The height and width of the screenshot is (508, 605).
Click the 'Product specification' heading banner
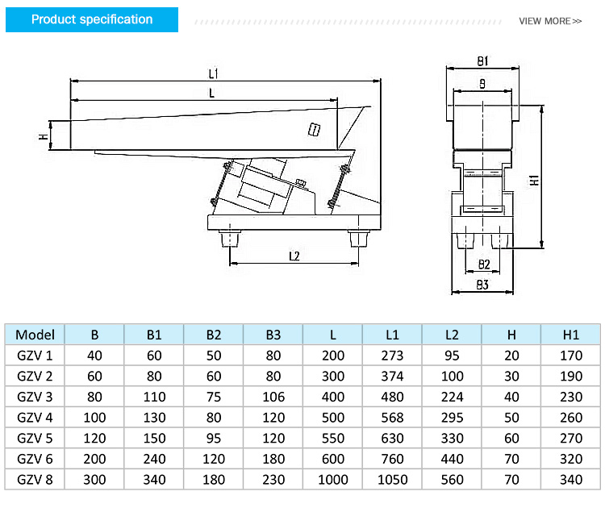[x=92, y=19]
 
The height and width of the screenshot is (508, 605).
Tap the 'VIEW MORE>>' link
[x=549, y=21]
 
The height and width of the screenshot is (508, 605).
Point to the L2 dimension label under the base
[x=294, y=256]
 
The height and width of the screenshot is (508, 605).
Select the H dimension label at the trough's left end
[x=44, y=136]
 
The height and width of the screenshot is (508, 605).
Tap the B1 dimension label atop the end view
[x=482, y=61]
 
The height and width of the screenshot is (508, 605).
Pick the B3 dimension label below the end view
[x=482, y=285]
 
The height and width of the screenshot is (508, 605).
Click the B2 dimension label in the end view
[x=483, y=264]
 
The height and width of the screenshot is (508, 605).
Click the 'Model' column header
[x=35, y=335]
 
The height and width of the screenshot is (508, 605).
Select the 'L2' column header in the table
[x=452, y=335]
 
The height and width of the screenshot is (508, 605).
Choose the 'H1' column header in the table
[x=571, y=335]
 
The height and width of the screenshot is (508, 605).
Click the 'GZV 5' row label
[x=35, y=439]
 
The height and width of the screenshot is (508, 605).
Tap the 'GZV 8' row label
[x=35, y=480]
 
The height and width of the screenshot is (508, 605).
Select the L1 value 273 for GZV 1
[x=393, y=356]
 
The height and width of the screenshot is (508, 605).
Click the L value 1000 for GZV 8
[x=333, y=480]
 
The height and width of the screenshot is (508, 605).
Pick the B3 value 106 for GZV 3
[x=273, y=397]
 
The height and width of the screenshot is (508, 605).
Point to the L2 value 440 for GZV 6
[x=452, y=459]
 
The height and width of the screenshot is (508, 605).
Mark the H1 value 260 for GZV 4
[x=571, y=418]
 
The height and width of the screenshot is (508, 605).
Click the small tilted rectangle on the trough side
[x=314, y=128]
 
